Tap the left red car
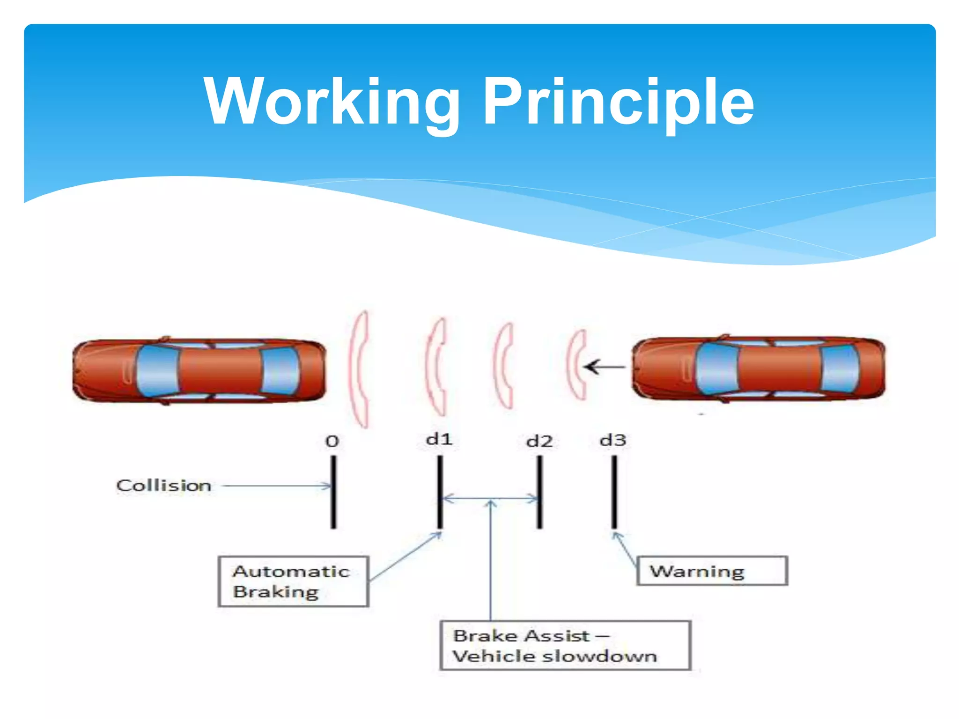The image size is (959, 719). (x=199, y=370)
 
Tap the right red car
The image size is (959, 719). (x=759, y=368)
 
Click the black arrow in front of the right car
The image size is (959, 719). (x=604, y=367)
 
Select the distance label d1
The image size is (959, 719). (x=439, y=440)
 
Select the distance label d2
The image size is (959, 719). (x=539, y=441)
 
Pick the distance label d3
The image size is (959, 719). (x=613, y=440)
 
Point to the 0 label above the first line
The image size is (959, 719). (x=332, y=441)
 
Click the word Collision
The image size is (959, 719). (x=164, y=485)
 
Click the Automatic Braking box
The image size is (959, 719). (x=294, y=581)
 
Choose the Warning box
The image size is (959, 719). (x=712, y=571)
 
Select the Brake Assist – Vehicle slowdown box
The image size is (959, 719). (x=565, y=646)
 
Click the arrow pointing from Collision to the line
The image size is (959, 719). (x=276, y=486)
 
